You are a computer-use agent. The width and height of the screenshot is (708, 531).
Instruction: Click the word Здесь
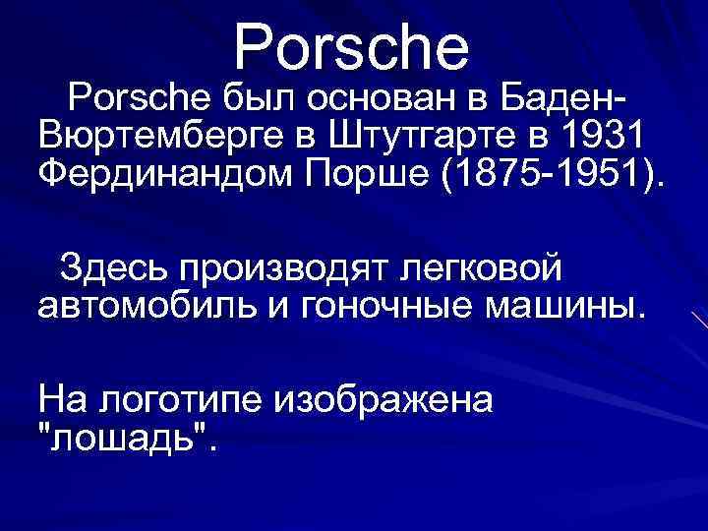click(112, 265)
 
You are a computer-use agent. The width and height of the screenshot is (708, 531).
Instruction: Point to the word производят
click(281, 265)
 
